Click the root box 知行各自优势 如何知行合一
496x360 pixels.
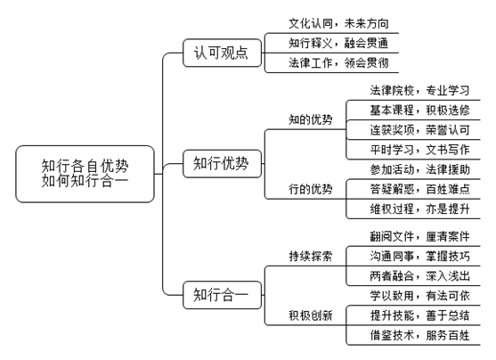point(85,174)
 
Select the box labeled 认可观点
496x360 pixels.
point(222,53)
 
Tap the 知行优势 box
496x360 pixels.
point(222,164)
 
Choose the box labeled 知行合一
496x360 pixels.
point(222,295)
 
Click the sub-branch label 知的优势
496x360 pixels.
point(310,119)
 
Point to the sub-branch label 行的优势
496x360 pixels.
point(310,189)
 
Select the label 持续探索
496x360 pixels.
point(310,256)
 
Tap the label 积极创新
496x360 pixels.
point(310,315)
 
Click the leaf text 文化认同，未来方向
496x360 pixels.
point(338,23)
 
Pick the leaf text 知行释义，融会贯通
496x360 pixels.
point(338,43)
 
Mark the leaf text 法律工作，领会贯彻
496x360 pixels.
point(338,63)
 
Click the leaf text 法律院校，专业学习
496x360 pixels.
point(419,91)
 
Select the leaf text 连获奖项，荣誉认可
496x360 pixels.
point(419,130)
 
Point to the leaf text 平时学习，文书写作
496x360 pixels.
point(419,150)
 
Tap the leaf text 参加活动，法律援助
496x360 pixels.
point(419,169)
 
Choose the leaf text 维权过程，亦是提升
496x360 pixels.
point(419,209)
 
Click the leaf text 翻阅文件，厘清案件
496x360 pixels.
point(419,236)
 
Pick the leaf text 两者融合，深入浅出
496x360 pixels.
point(419,276)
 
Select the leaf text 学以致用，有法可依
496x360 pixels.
point(419,296)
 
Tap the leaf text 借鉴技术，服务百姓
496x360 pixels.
point(419,335)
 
